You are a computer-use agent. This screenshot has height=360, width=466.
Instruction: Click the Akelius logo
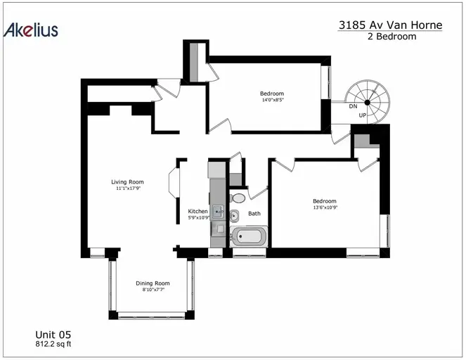pyautogui.click(x=31, y=30)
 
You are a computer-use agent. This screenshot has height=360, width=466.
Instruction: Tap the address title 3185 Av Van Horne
pyautogui.click(x=390, y=25)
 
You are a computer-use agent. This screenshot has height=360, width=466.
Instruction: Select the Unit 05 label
pyautogui.click(x=53, y=335)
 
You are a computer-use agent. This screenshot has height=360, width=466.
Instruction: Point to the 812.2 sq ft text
pyautogui.click(x=53, y=344)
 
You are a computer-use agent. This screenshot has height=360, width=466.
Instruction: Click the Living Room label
pyautogui.click(x=127, y=181)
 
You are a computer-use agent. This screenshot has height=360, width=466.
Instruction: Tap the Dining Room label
pyautogui.click(x=153, y=283)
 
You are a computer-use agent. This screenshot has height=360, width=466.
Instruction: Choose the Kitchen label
pyautogui.click(x=198, y=211)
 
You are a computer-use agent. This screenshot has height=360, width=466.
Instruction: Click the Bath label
pyautogui.click(x=254, y=214)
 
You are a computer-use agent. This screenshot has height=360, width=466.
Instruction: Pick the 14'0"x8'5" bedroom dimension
pyautogui.click(x=273, y=100)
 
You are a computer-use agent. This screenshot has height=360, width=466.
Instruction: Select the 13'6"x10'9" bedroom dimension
pyautogui.click(x=325, y=207)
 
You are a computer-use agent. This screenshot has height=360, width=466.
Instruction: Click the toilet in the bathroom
pyautogui.click(x=238, y=198)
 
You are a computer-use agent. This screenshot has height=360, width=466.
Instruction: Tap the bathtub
pyautogui.click(x=248, y=236)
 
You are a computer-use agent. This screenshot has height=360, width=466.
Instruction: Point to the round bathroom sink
pyautogui.click(x=234, y=216)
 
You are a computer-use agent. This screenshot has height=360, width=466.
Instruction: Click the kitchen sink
pyautogui.click(x=218, y=212)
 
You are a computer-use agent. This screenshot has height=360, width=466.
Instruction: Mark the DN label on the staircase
pyautogui.click(x=353, y=106)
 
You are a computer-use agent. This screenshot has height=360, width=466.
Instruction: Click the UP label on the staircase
pyautogui.click(x=363, y=115)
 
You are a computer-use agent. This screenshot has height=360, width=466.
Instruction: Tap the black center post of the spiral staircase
pyautogui.click(x=368, y=103)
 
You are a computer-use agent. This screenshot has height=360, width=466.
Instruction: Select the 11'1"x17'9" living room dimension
pyautogui.click(x=128, y=188)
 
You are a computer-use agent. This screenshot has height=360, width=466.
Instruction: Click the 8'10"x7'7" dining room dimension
pyautogui.click(x=153, y=290)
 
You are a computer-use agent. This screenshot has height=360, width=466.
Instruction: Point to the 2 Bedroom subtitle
pyautogui.click(x=391, y=37)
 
